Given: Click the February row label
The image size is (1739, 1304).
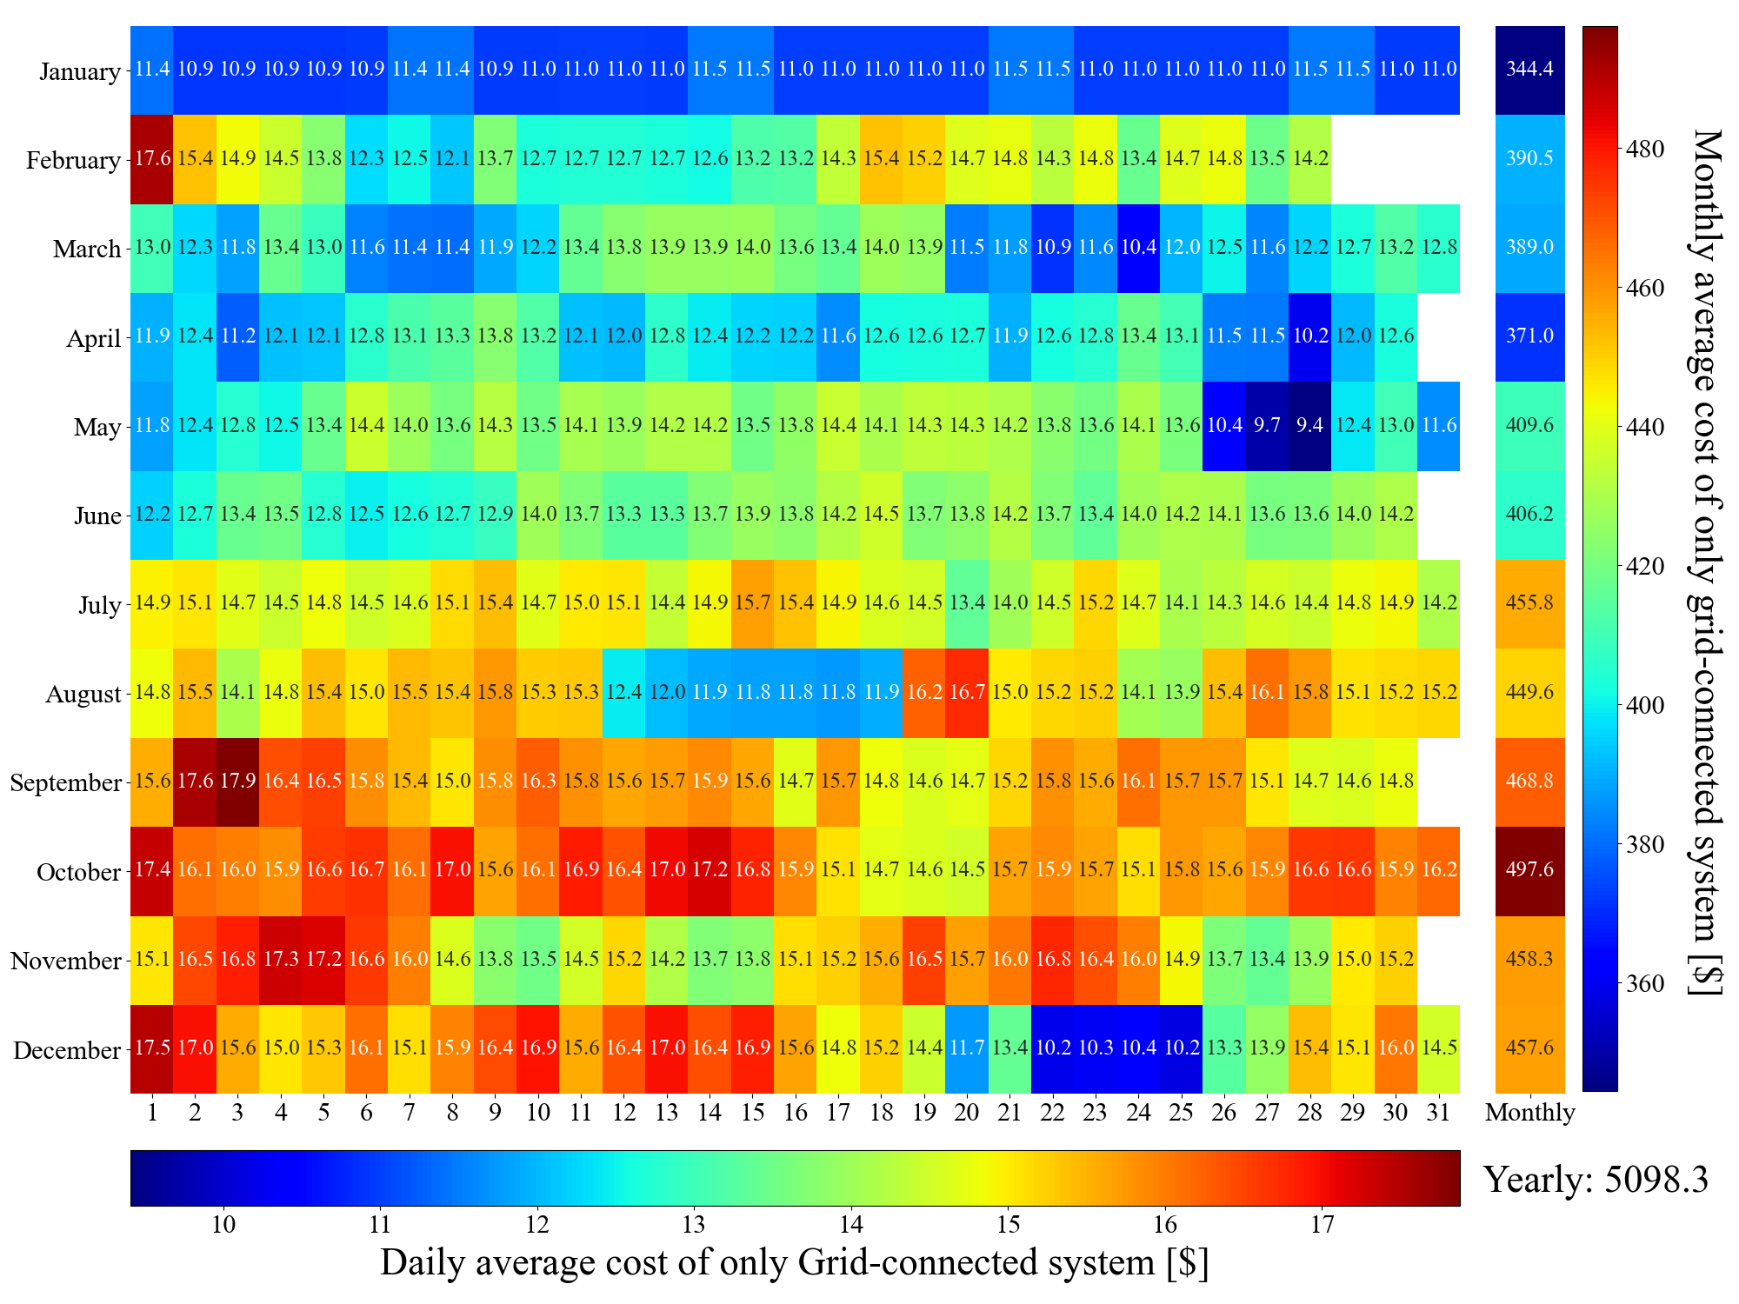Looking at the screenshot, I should click(73, 161).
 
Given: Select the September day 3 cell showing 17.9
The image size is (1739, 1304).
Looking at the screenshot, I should click(237, 781).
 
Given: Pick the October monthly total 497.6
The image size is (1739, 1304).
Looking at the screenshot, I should click(1529, 870).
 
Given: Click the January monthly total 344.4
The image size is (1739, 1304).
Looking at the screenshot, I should click(1529, 69).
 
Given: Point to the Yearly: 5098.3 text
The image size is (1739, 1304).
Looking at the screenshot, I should click(1596, 1180).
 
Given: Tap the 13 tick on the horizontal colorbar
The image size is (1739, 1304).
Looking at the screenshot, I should click(693, 1226).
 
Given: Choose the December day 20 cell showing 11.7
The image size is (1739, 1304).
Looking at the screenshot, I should click(966, 1048).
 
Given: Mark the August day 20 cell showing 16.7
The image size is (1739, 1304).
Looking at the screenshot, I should click(966, 692).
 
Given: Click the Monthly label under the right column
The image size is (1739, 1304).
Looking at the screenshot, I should click(1529, 1113).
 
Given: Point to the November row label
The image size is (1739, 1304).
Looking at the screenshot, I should click(66, 961).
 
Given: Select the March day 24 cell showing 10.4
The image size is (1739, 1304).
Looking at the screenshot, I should click(1137, 248).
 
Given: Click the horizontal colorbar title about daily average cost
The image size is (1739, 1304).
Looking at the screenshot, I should click(794, 1262).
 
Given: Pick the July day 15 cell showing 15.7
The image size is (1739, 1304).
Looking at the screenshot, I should click(752, 602).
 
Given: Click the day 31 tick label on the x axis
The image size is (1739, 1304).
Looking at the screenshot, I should click(1438, 1113).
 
